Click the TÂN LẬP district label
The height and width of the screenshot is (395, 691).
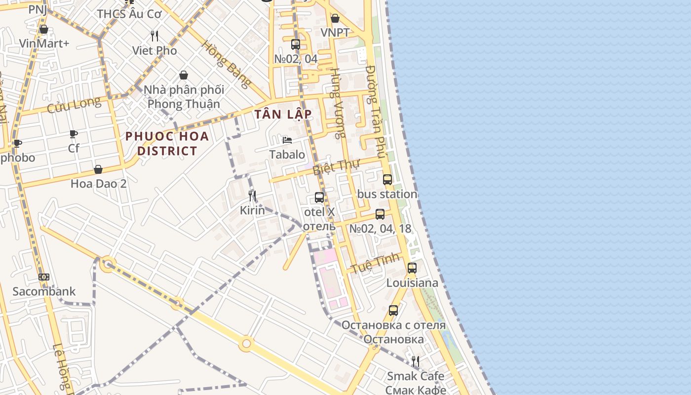(x=283, y=115)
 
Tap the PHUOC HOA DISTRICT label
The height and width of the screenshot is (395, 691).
(x=167, y=143)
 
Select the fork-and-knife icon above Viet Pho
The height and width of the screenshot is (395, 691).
(x=154, y=36)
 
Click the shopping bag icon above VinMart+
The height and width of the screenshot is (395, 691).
(x=44, y=29)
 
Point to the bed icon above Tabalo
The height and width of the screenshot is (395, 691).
(x=287, y=140)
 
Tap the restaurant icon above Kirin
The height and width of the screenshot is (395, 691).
(x=252, y=196)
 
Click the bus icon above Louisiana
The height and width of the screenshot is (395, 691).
(x=412, y=268)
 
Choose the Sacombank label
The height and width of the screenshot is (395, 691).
(x=44, y=291)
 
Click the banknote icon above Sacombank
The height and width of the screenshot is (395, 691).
(x=44, y=277)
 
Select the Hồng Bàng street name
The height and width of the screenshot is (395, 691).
(x=226, y=64)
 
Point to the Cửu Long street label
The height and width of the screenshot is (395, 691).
(x=74, y=105)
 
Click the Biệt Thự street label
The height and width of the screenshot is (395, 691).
(x=337, y=166)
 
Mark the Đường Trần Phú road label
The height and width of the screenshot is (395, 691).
(x=376, y=112)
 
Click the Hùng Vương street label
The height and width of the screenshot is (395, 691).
(x=338, y=103)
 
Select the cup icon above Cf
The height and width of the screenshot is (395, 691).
(x=74, y=134)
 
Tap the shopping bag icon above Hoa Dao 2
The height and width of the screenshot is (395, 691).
(x=98, y=169)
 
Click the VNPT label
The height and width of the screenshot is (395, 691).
(x=335, y=33)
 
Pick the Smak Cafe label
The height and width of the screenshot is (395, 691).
(x=416, y=376)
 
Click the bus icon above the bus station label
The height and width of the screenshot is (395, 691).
(x=387, y=180)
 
